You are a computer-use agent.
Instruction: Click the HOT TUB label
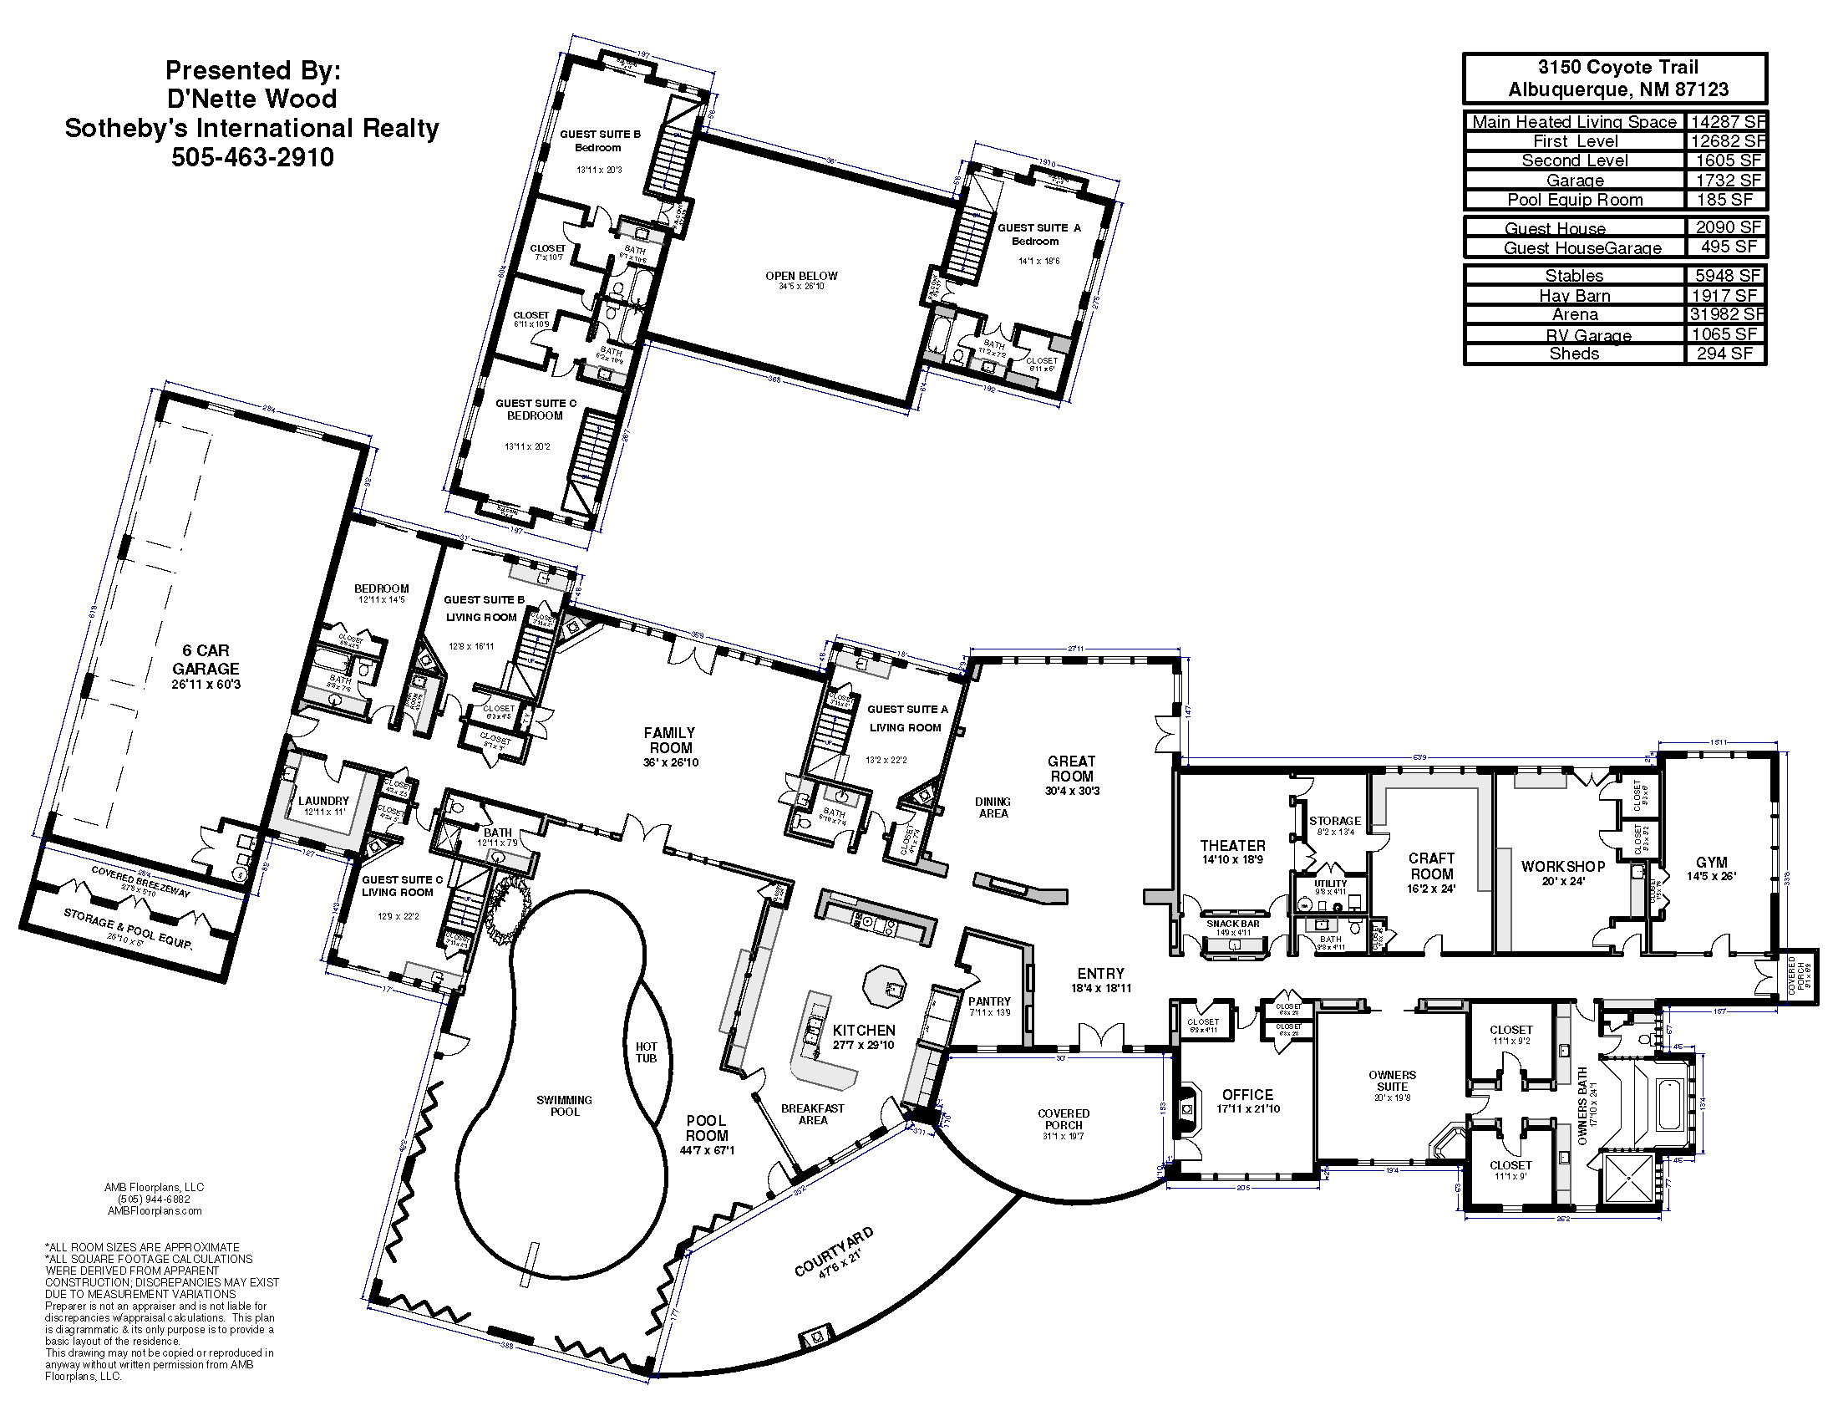[646, 1052]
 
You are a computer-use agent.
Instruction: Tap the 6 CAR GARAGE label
[206, 660]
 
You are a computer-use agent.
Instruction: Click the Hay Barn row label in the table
[1574, 295]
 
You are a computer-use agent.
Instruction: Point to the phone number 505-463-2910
[252, 157]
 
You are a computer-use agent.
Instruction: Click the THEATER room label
[1232, 845]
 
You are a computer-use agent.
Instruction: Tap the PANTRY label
[989, 1001]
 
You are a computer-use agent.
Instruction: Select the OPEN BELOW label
[801, 276]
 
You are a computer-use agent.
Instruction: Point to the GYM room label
[1711, 862]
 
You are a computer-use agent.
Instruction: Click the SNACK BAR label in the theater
[1233, 924]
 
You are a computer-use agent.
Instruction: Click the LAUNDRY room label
[323, 801]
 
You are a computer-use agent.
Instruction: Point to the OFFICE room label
[1247, 1094]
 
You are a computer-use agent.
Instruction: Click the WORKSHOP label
[1563, 866]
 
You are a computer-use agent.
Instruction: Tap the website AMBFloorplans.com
[155, 1210]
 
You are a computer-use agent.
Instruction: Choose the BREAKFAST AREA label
[812, 1113]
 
